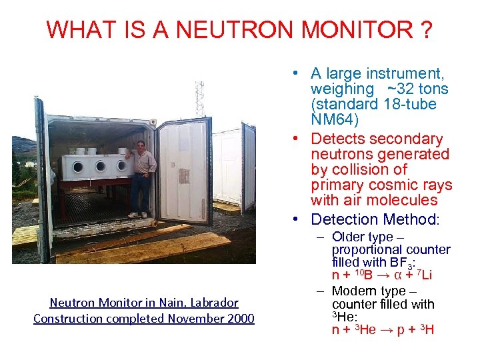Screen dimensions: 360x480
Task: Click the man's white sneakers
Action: coord(137,215)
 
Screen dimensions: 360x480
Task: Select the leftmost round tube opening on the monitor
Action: coord(78,167)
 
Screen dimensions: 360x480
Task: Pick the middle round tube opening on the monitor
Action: coord(99,167)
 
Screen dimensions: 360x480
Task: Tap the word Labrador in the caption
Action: coord(207,302)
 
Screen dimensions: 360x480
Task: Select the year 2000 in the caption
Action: coord(240,318)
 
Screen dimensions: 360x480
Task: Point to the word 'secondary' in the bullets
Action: coord(410,139)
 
